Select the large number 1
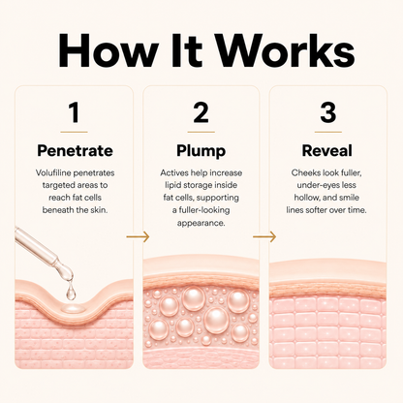(75, 112)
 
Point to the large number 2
(201, 112)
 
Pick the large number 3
(327, 112)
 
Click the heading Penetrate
(75, 151)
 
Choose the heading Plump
(201, 151)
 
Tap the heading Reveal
(326, 151)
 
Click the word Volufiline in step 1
(53, 173)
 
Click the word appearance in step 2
(201, 224)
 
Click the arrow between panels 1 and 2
(138, 237)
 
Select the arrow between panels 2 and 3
(264, 237)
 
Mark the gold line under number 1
(74, 132)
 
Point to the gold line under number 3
(328, 132)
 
